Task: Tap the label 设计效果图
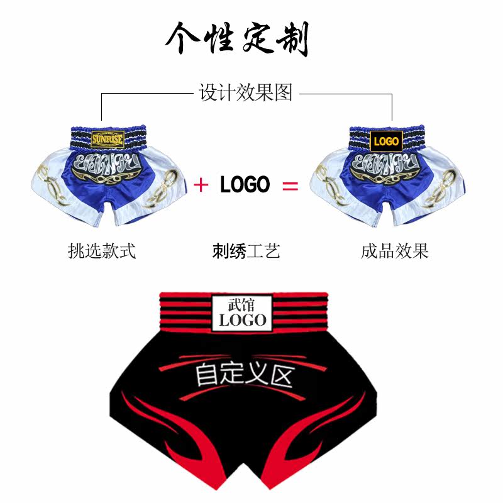(x=246, y=93)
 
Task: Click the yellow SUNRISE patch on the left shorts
(x=108, y=138)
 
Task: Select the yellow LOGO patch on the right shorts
(x=385, y=141)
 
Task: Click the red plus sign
(x=201, y=185)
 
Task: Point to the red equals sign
(x=289, y=185)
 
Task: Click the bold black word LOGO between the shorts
(x=245, y=184)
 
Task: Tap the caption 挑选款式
(x=102, y=251)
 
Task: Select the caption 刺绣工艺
(x=246, y=251)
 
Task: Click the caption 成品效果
(x=394, y=251)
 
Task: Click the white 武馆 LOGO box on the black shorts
(x=243, y=312)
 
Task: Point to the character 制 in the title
(x=290, y=40)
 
